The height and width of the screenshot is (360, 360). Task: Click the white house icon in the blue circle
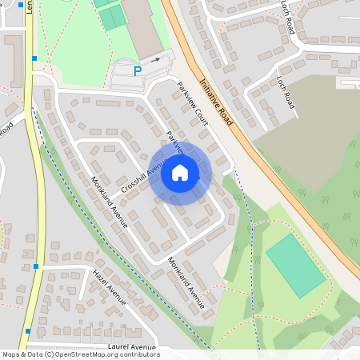(180, 173)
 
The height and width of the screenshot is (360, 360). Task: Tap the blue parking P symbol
(137, 71)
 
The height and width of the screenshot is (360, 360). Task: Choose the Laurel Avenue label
(130, 347)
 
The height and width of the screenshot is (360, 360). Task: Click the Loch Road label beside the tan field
(286, 94)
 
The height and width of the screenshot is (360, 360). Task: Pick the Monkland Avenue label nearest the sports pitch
(186, 282)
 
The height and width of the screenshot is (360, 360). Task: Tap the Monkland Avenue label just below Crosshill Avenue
(110, 202)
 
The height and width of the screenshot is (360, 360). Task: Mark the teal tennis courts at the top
(113, 15)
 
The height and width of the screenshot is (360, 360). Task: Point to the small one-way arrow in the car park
(156, 60)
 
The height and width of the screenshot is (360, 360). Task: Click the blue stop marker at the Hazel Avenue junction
(36, 266)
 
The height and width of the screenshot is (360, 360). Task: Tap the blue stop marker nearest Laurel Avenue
(28, 330)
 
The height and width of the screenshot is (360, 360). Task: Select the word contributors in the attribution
(138, 354)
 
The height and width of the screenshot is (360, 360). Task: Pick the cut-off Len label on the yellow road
(29, 7)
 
